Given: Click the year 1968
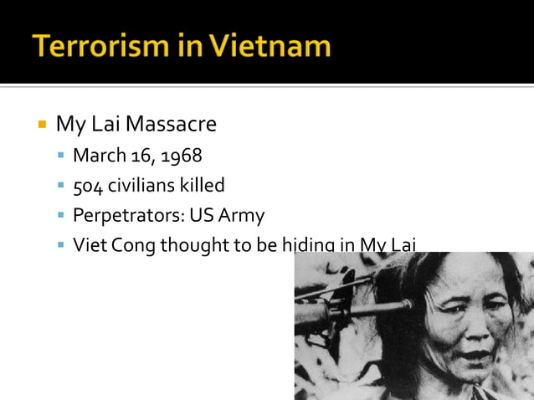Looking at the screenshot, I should point(182,156).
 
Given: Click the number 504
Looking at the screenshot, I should point(87,185).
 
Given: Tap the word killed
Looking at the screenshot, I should point(202,185).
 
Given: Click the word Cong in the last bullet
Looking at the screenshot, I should point(135,245).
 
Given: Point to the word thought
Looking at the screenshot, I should point(194,245).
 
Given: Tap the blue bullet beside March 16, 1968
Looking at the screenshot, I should point(62,156).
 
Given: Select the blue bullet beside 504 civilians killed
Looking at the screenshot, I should point(62,186).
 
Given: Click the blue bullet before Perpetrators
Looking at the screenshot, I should point(62,216).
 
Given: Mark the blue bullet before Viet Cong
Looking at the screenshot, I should point(62,246).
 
